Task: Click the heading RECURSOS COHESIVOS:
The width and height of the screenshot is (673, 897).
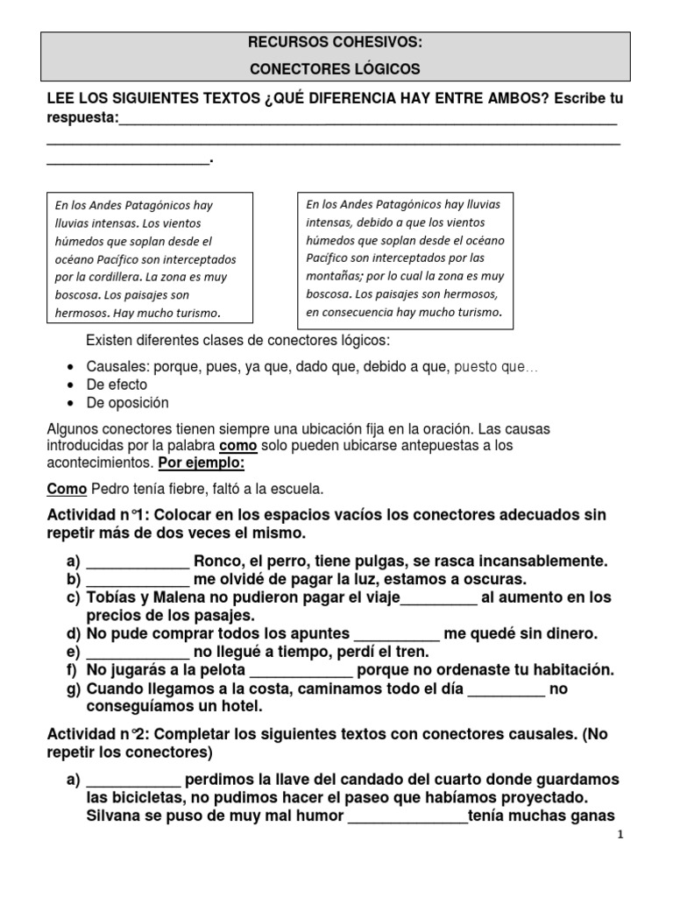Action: [336, 41]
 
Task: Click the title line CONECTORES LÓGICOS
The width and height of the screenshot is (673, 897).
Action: [336, 68]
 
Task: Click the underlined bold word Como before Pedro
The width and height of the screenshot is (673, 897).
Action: [66, 488]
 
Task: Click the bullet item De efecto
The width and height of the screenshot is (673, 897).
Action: [117, 385]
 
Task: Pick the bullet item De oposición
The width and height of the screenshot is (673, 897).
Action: [127, 403]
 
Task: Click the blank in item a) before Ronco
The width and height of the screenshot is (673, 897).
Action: [138, 562]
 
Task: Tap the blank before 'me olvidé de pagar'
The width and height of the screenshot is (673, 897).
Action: [138, 580]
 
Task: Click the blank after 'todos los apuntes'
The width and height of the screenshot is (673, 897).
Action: [395, 634]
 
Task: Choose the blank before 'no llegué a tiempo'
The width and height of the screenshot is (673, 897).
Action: [138, 653]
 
